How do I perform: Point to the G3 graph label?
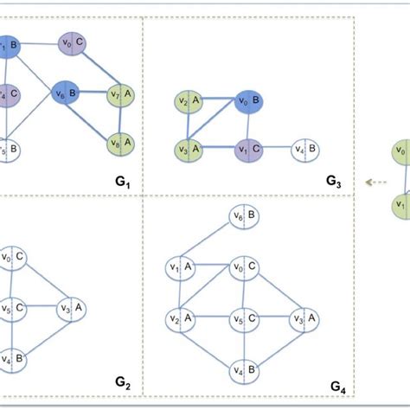(334, 182)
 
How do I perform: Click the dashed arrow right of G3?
(374, 182)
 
